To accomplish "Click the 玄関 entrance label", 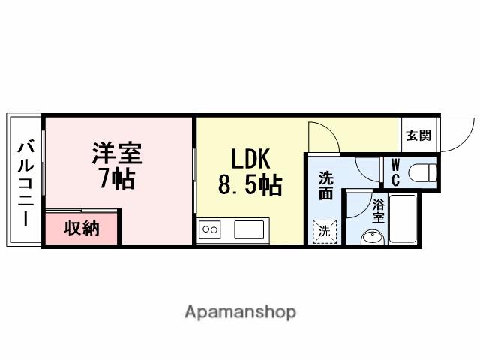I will coord(418,136).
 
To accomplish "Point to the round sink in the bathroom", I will coord(371,238).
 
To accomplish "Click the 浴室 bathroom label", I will coord(379,211).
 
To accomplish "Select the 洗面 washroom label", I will coord(325,186).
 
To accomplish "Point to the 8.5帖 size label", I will coord(250,185).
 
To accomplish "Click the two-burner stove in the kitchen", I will coord(210,229).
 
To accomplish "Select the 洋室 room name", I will coord(116,154).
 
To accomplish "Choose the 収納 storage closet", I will coord(81,228).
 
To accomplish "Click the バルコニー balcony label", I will coord(25,180).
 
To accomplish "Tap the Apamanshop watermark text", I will coord(240,312).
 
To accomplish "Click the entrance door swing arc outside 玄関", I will coord(457,133).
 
